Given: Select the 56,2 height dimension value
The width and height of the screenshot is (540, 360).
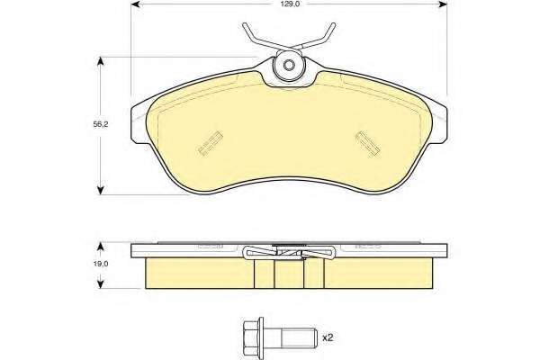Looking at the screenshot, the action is (101, 124).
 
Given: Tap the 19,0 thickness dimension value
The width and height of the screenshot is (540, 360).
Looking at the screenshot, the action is (101, 264).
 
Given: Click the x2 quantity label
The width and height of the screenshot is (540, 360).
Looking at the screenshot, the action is (328, 337).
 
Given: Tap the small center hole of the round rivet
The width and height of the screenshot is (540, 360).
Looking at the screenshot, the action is (289, 65).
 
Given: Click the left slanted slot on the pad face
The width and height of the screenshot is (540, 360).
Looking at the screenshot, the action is (210, 143).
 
